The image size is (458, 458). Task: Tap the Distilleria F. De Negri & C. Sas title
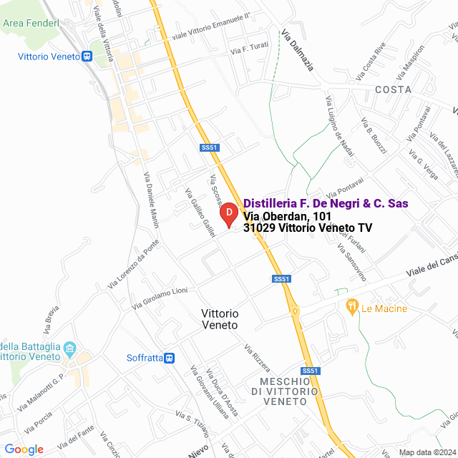click(326, 204)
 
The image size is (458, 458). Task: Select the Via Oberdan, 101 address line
click(286, 216)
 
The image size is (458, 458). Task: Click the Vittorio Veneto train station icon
click(87, 57)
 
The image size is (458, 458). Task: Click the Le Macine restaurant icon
click(351, 308)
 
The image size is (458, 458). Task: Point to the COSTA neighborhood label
click(393, 89)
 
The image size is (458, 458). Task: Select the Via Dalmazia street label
click(298, 51)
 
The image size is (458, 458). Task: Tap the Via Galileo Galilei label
click(200, 213)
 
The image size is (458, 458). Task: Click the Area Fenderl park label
click(32, 24)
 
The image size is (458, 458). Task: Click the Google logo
click(24, 449)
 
